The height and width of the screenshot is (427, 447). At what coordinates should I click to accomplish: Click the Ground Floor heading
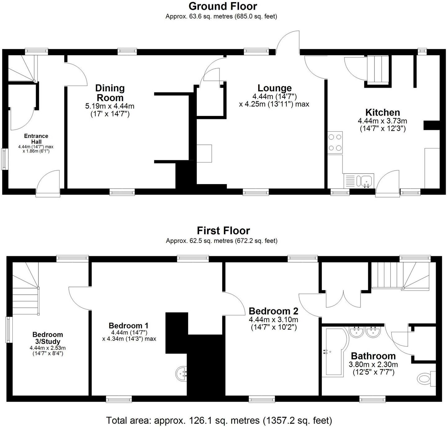223,6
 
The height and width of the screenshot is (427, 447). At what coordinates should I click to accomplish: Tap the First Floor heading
223,231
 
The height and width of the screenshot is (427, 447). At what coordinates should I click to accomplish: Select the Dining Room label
110,93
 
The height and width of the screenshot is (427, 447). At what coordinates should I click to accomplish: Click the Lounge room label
274,88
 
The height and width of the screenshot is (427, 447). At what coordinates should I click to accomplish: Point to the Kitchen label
383,112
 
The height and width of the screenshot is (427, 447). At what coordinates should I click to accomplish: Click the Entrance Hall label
36,139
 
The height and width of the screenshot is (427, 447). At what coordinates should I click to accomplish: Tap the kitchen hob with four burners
335,143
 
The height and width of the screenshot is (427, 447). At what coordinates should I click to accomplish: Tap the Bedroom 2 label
273,311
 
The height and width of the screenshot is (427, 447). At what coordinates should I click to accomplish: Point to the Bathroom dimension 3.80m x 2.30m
374,365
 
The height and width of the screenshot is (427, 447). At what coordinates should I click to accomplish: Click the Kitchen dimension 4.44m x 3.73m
383,121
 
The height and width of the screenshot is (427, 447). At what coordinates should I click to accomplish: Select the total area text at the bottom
219,420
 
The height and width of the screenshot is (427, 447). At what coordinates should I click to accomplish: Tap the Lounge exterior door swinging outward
288,43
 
